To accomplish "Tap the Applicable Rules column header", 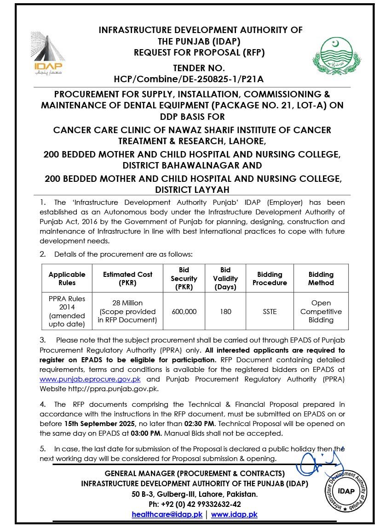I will [67, 278].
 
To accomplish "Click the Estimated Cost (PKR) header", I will [127, 278].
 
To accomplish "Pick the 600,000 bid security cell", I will [184, 311].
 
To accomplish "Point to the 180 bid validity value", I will [225, 311].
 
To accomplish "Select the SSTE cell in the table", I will [270, 311].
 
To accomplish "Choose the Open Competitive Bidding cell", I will [321, 311].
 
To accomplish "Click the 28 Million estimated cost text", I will [127, 303].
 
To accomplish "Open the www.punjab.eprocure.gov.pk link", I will [90, 379].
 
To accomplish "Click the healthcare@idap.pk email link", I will [167, 515].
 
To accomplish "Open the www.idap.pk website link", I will [234, 515].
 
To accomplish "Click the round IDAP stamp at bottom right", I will [346, 491].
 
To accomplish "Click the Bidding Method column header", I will [321, 278].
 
